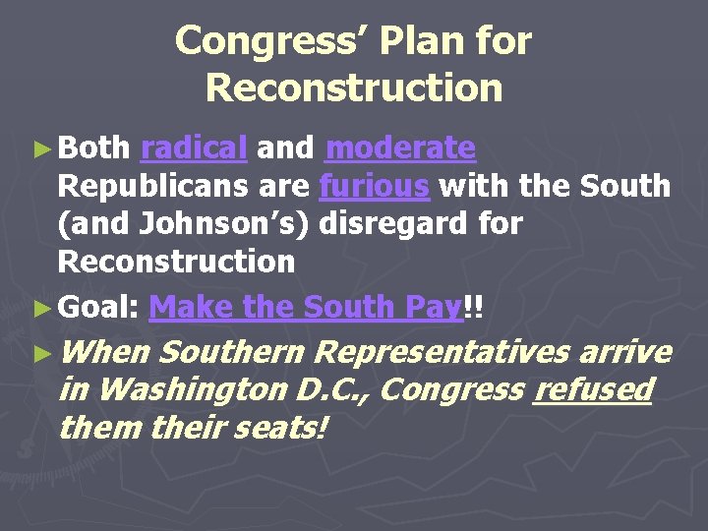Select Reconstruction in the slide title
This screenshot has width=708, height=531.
click(354, 88)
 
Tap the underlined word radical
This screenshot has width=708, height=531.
click(193, 148)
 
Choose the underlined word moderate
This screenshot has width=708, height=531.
click(400, 148)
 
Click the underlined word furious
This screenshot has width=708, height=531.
click(375, 186)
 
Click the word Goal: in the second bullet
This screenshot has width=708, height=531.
click(98, 307)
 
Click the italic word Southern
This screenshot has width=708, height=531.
click(234, 352)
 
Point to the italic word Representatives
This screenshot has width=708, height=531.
click(444, 352)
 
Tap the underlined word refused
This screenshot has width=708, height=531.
click(592, 390)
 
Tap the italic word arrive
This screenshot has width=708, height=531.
click(625, 352)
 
